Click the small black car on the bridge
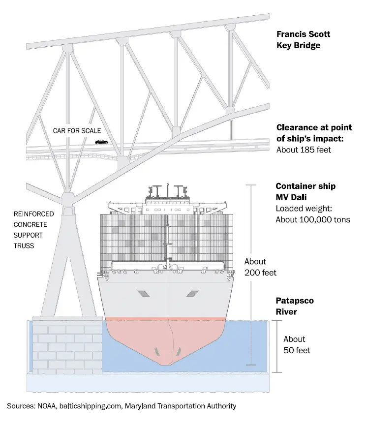[101, 142]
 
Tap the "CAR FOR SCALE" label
[77, 131]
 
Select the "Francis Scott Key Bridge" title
[304, 40]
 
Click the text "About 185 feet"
[303, 150]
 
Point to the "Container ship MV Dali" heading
[305, 192]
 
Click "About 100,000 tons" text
[313, 219]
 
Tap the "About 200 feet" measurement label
[260, 267]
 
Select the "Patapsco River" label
[295, 305]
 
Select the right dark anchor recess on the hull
[192, 294]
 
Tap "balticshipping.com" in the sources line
[92, 406]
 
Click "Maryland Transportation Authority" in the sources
[181, 406]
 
